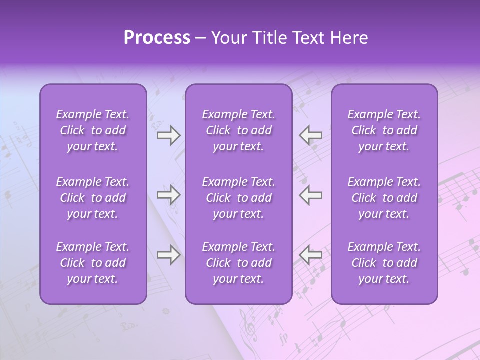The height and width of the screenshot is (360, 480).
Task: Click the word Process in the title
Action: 157,38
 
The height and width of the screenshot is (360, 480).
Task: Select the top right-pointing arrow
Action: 168,135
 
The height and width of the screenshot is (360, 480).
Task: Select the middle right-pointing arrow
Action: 168,195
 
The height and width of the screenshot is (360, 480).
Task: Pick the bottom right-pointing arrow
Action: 168,255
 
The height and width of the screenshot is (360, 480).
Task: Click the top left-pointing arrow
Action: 310,135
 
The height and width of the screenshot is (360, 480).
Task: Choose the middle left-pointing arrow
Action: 310,195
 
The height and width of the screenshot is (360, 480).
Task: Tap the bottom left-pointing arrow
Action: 310,255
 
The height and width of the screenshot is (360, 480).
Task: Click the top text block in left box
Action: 93,130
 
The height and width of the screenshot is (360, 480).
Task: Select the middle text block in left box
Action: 93,198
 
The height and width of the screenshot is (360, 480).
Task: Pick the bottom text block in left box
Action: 93,263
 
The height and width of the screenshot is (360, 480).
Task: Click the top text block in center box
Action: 238,130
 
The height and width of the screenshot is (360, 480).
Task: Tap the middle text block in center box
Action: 238,198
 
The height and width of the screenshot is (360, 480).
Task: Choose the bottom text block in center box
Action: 238,263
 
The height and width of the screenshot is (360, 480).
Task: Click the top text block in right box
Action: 384,130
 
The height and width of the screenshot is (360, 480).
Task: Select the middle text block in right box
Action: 384,198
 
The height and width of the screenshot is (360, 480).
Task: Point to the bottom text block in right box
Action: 384,263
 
